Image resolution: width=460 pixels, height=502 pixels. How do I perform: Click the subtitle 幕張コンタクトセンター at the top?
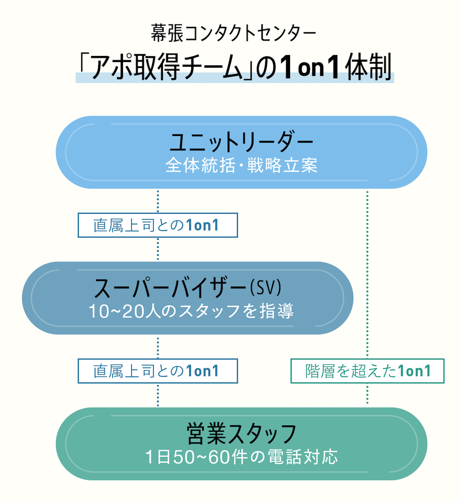234,33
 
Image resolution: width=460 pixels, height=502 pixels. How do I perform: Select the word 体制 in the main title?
368,67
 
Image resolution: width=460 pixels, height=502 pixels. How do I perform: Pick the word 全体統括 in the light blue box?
200,165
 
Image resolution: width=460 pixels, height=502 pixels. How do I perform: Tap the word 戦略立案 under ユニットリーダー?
282,165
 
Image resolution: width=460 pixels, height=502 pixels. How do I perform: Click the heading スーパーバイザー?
170,288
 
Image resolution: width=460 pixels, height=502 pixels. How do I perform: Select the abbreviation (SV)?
266,288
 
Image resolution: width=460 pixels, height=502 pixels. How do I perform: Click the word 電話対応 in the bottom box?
303,457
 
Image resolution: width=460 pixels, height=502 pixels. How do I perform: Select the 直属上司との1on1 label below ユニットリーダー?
158,225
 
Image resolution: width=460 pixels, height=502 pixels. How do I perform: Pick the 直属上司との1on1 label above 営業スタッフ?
158,371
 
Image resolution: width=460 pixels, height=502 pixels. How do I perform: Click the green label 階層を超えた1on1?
367,371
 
